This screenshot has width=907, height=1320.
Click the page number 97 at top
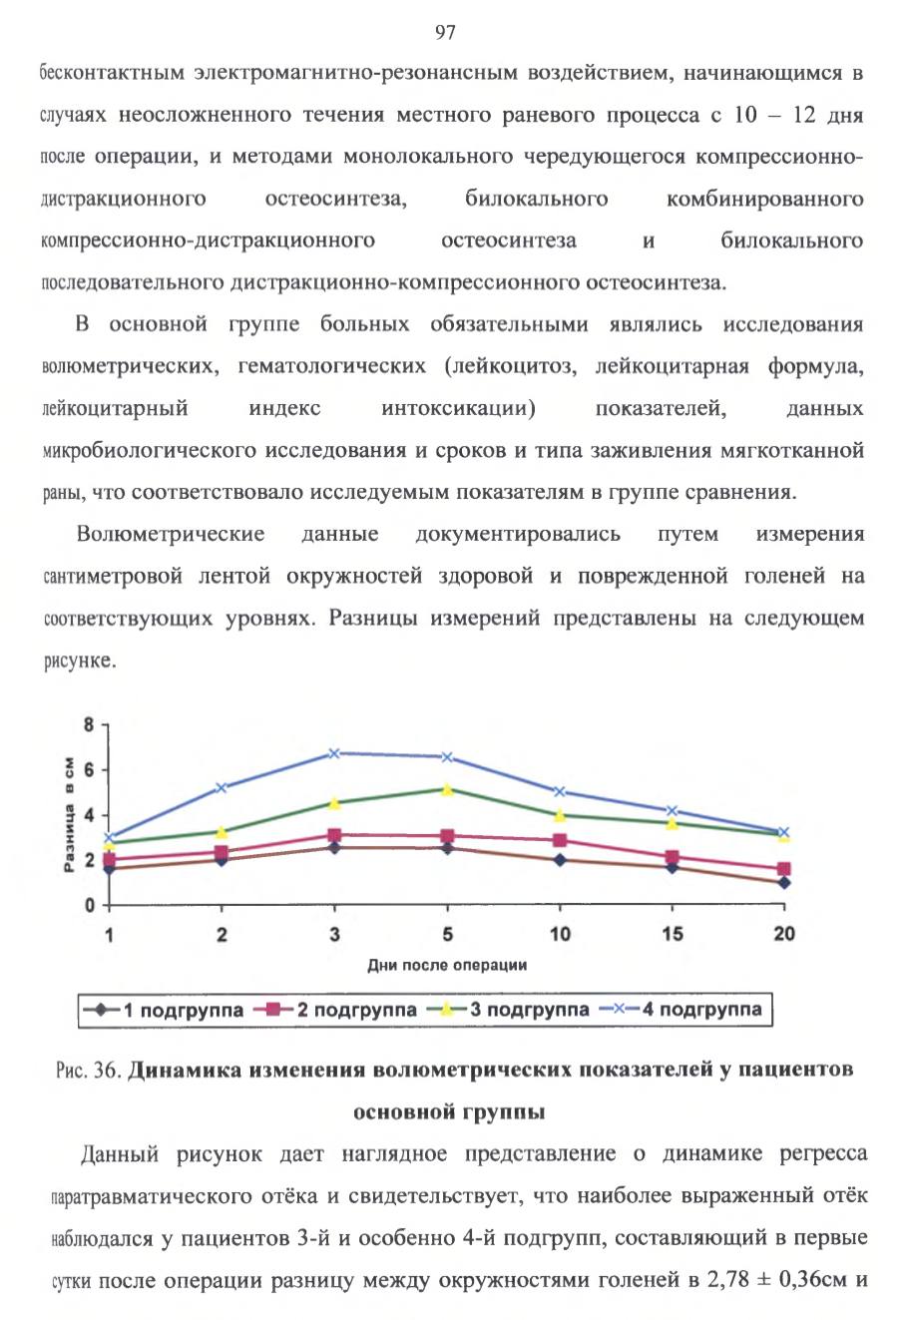(x=445, y=32)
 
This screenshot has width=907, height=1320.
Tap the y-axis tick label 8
(x=89, y=724)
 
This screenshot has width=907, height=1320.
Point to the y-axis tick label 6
(x=89, y=770)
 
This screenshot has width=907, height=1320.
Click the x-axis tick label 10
(x=560, y=934)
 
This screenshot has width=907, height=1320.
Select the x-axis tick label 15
(x=672, y=934)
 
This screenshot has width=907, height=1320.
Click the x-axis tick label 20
(x=784, y=934)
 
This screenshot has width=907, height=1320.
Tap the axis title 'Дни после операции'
(x=447, y=965)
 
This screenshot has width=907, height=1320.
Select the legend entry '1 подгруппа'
(x=163, y=1010)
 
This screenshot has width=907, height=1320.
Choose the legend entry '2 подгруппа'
(x=334, y=1010)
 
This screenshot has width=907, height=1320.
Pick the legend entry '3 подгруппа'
(x=508, y=1010)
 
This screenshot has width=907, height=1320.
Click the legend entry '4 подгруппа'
(x=680, y=1010)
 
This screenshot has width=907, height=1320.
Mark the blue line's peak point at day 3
(x=334, y=753)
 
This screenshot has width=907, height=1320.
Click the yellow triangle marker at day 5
(x=447, y=789)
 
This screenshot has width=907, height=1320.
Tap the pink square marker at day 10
(x=560, y=840)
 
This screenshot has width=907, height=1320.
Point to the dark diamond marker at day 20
(x=784, y=883)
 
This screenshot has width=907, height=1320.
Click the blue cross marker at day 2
(x=222, y=788)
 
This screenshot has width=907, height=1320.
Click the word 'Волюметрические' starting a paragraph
(x=171, y=535)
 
